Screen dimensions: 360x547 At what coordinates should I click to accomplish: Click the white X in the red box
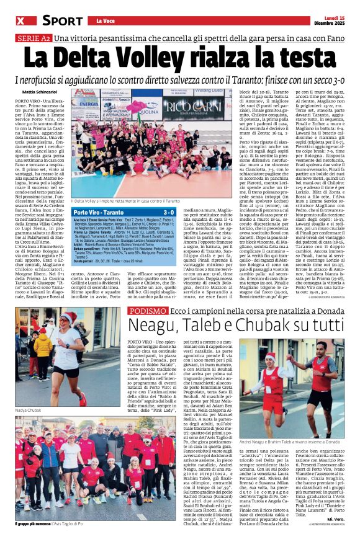(20, 20)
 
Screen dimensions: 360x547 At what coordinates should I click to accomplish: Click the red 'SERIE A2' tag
(32, 38)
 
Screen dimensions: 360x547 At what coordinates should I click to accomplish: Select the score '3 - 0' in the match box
(185, 212)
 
